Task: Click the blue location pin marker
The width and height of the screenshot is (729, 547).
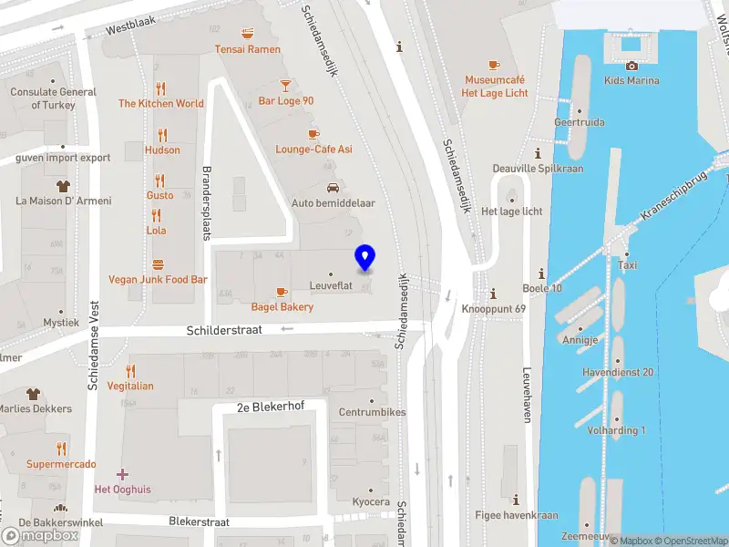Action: [365, 257]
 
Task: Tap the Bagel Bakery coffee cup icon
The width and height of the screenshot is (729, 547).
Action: [282, 292]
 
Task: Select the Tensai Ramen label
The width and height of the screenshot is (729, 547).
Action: [247, 49]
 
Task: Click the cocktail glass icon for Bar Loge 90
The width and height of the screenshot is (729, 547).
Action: [285, 85]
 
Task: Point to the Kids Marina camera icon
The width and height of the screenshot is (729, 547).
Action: [631, 65]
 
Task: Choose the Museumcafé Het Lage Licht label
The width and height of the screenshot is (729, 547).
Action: [494, 87]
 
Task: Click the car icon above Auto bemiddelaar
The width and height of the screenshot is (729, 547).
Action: [334, 188]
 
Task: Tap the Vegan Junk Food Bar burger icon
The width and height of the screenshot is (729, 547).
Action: [159, 264]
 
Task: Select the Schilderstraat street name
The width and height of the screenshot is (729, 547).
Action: [224, 331]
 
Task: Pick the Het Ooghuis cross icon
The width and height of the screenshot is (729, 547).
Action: [122, 474]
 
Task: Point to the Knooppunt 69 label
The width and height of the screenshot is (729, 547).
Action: [493, 309]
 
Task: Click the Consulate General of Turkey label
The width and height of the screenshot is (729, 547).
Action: [53, 98]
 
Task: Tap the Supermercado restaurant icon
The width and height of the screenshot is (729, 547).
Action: [61, 449]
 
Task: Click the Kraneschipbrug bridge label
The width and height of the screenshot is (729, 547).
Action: [674, 198]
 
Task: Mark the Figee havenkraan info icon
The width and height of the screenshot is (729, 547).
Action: [517, 500]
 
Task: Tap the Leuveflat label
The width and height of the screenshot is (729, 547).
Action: [330, 286]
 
